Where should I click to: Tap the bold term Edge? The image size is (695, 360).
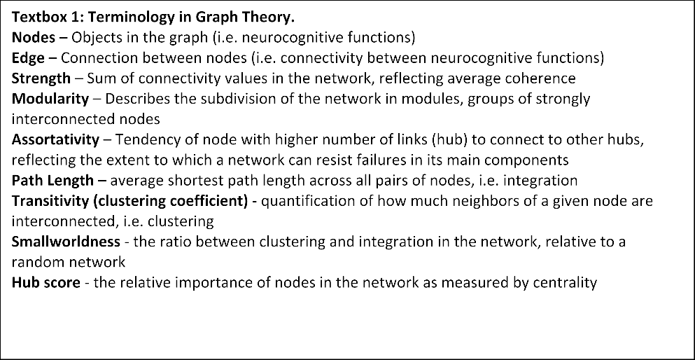[29, 58]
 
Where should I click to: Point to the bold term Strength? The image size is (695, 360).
[41, 78]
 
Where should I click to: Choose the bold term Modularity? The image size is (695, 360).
[50, 99]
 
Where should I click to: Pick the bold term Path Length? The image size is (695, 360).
[52, 181]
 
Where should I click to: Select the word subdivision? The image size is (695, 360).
[224, 99]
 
